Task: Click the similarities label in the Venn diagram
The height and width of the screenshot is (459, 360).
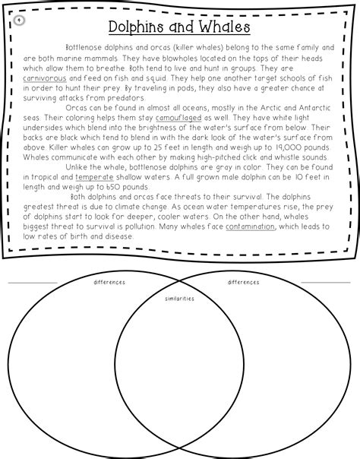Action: [x=179, y=299]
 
